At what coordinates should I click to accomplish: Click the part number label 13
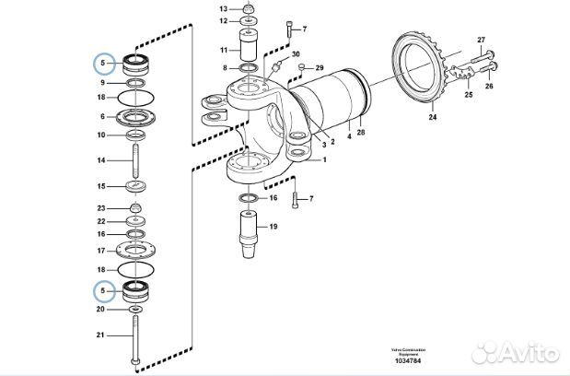(x=224, y=8)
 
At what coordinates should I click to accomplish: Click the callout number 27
(x=481, y=39)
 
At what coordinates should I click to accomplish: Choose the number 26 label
(x=489, y=87)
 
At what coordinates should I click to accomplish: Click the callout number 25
(x=468, y=95)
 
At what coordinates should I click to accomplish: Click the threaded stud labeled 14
(x=136, y=160)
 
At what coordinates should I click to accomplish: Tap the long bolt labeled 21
(x=136, y=336)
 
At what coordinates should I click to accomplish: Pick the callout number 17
(x=103, y=251)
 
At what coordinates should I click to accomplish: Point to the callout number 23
(x=103, y=208)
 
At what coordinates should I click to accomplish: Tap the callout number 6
(x=103, y=117)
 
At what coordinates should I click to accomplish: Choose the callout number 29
(x=320, y=68)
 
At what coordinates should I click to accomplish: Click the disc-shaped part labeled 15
(x=136, y=187)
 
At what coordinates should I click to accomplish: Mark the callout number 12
(x=224, y=19)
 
